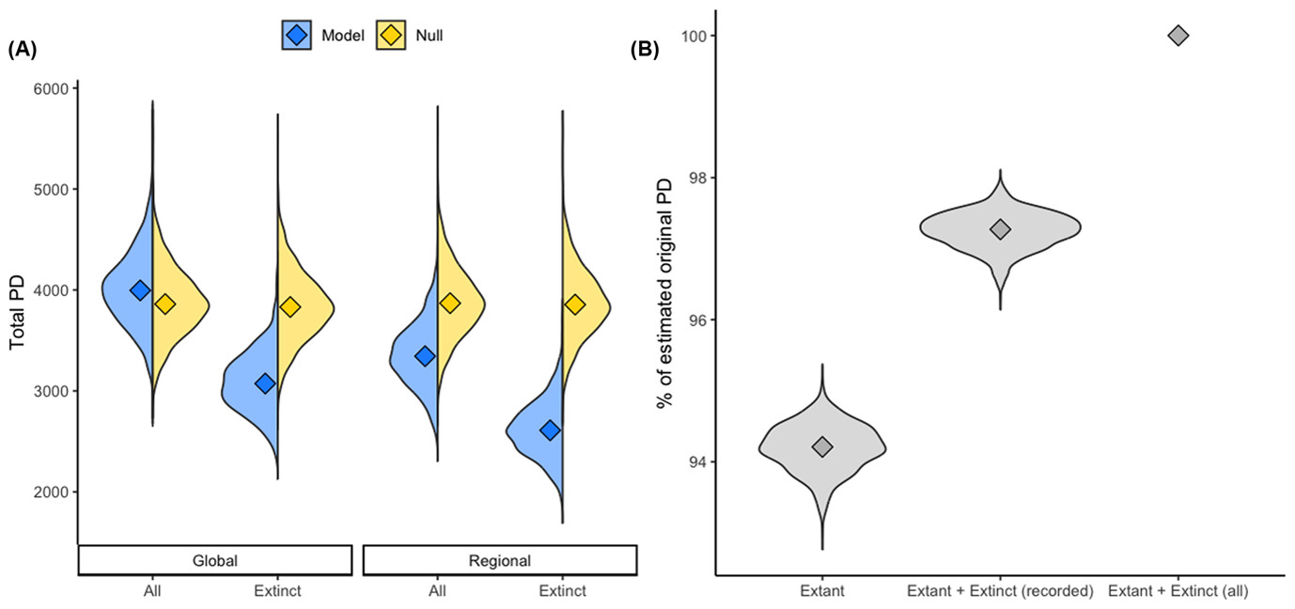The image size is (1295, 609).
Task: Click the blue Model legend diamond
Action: pos(297,36)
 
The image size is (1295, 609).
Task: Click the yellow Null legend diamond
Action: pos(390,36)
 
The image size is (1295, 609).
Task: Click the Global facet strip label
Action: pos(214,560)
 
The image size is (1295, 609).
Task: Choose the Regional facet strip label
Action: pos(499,560)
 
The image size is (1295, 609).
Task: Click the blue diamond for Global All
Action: pos(140,290)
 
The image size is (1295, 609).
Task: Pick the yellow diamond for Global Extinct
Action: pos(290,307)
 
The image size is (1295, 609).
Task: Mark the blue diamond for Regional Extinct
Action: pos(550,429)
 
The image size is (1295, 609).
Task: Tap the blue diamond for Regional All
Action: pos(425,356)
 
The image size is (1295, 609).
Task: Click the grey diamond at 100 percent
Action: pos(1178,36)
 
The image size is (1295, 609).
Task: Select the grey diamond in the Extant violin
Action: pos(822,446)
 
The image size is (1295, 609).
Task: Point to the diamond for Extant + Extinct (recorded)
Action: pos(1000,229)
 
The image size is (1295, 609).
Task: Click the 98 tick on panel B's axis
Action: pos(694,178)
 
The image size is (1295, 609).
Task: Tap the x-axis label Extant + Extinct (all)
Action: pos(1178,591)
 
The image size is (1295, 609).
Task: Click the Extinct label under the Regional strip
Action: pos(562,591)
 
